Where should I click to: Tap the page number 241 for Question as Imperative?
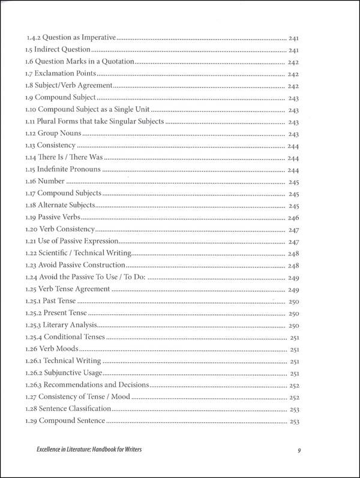tap(293, 37)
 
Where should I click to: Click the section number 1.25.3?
tap(34, 326)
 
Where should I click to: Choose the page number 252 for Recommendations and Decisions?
tap(293, 386)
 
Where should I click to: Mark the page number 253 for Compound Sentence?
tap(293, 422)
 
